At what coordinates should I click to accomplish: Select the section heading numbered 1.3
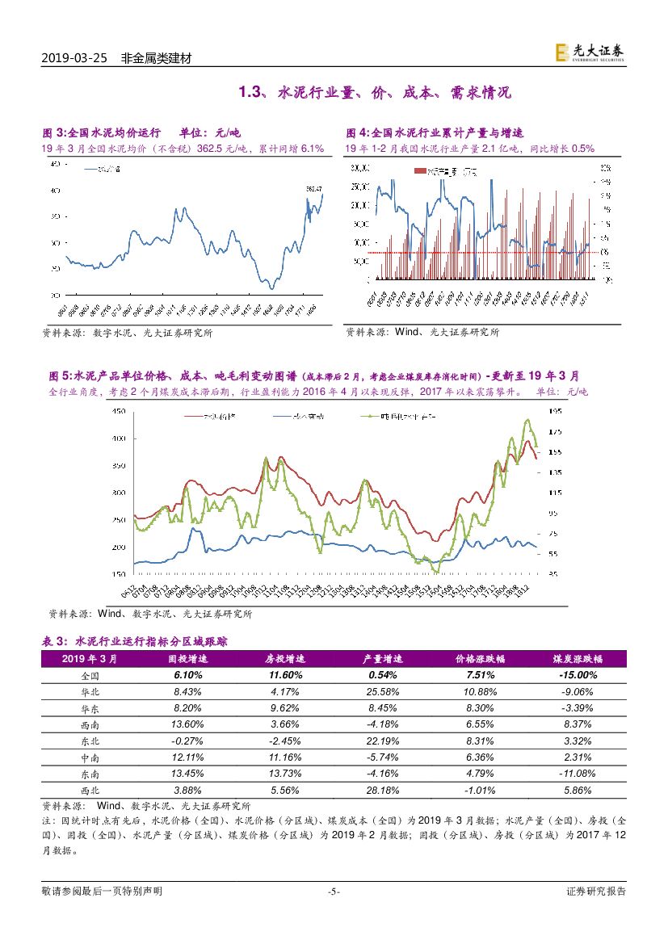375,93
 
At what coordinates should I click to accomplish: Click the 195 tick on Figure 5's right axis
555,411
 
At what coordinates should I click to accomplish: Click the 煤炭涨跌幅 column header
574,659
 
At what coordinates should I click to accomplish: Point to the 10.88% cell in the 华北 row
479,692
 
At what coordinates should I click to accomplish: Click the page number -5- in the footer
334,892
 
